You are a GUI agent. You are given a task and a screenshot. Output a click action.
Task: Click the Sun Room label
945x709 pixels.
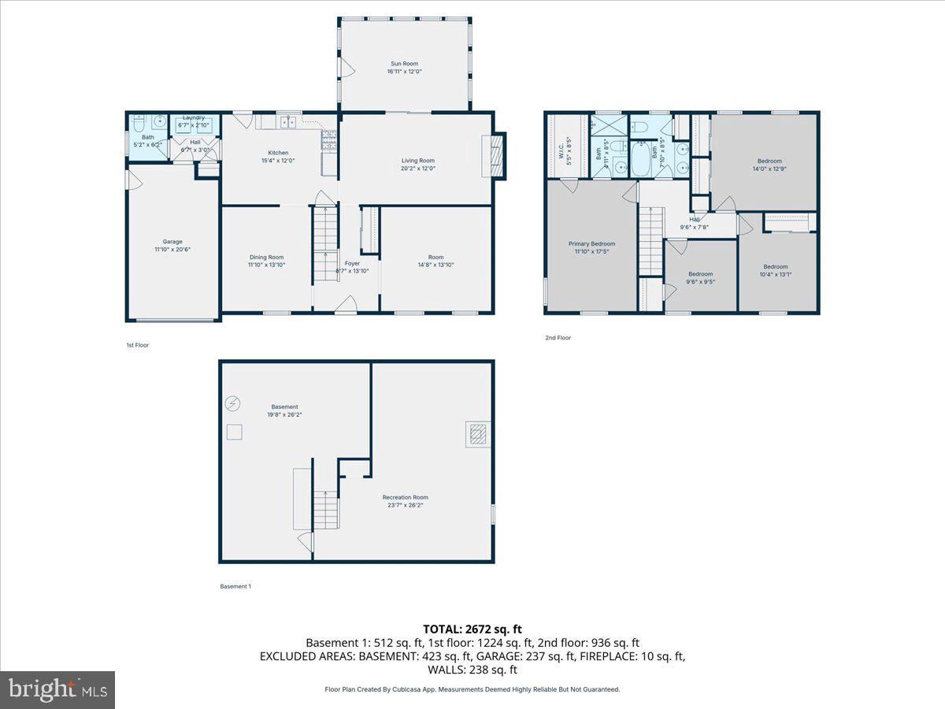404,64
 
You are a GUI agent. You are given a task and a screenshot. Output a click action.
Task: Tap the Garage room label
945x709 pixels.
172,242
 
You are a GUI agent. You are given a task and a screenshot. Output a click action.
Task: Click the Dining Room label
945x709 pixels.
266,258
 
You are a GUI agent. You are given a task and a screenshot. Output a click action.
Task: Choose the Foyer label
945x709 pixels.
352,263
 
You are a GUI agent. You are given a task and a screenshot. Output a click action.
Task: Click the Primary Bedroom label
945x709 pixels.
591,244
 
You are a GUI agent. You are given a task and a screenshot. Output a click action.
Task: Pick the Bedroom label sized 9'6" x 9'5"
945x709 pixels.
700,274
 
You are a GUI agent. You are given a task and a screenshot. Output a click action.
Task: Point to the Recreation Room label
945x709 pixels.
406,497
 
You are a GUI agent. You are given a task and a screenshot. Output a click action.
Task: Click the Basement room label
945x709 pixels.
284,407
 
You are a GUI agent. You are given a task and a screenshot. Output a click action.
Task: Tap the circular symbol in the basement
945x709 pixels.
232,403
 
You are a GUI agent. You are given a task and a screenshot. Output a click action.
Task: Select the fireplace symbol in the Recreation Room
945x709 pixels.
476,434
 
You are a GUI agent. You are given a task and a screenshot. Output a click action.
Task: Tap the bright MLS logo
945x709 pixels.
57,690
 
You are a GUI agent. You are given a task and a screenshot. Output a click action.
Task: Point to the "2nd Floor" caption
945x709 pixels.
558,338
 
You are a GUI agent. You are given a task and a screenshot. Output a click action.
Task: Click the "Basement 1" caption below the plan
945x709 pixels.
235,586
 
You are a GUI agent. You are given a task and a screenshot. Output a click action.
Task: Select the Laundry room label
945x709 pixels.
194,118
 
